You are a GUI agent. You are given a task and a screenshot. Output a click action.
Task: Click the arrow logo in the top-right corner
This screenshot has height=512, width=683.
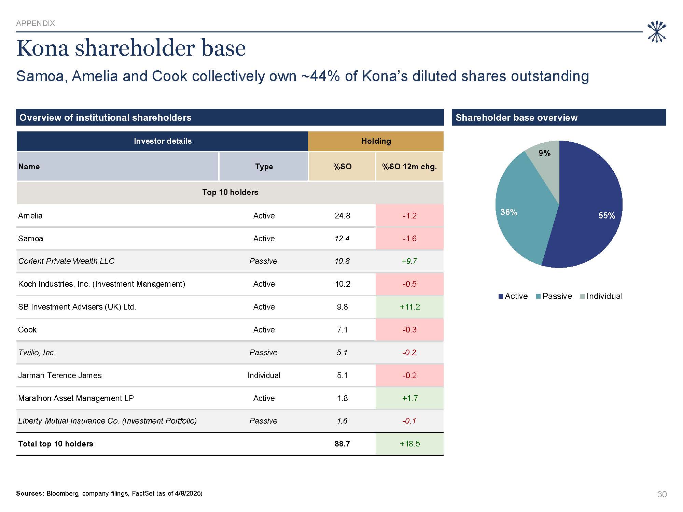coord(656,32)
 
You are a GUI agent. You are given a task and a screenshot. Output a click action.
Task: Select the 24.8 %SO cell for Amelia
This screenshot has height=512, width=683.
coord(342,216)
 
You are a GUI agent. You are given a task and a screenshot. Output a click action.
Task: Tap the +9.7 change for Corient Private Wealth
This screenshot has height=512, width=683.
coord(409,261)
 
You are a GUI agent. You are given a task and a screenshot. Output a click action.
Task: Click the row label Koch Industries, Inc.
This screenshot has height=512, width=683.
coord(101,284)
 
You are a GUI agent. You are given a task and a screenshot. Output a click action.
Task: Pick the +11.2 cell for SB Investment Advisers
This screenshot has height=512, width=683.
coord(409,307)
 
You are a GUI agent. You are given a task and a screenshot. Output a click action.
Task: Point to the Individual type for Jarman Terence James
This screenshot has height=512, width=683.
coord(264,375)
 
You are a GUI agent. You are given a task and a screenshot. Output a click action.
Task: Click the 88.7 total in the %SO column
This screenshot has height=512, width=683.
coord(342,444)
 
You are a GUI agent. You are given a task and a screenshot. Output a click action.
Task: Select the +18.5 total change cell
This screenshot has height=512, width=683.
coord(409,444)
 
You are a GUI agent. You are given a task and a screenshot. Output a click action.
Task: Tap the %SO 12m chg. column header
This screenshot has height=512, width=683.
coord(409,167)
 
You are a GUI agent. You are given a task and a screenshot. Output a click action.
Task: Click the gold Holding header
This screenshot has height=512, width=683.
coord(376,141)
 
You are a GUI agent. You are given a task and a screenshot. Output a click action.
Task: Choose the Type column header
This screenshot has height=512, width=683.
coord(264,167)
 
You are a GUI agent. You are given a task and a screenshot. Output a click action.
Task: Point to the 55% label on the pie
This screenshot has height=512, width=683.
coord(607,216)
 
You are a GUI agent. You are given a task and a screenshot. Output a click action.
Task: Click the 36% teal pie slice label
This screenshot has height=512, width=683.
coord(508,212)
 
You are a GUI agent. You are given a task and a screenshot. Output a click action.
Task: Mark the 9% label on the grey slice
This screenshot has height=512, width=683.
coord(544,153)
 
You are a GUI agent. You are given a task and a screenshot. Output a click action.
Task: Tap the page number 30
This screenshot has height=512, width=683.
coord(661,494)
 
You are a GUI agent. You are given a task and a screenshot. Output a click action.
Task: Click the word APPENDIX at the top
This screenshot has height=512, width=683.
coord(36,23)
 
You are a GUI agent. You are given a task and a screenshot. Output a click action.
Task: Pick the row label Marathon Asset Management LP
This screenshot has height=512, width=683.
coord(76,398)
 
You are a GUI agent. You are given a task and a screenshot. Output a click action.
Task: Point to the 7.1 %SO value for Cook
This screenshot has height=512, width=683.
coord(342,330)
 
